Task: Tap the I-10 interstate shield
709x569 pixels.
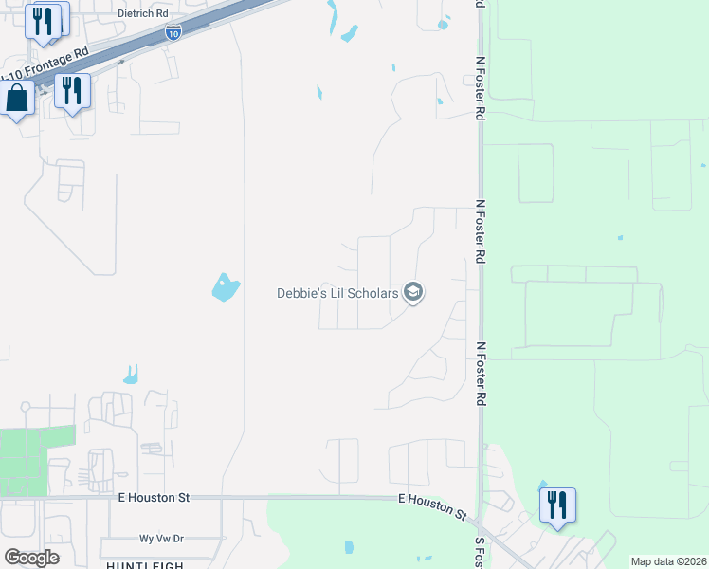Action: click(x=172, y=33)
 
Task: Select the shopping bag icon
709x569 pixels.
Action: click(x=17, y=99)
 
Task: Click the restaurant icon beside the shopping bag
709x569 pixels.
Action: click(x=72, y=92)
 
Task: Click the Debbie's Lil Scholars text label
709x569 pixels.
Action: click(x=337, y=293)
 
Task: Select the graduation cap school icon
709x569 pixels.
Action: click(x=412, y=292)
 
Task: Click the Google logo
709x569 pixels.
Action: click(x=31, y=557)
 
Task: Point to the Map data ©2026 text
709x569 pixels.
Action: click(x=668, y=561)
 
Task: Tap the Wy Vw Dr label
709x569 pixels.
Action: click(x=161, y=538)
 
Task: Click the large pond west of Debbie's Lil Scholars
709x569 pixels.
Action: click(x=224, y=286)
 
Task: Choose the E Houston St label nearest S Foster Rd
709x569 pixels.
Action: click(x=432, y=505)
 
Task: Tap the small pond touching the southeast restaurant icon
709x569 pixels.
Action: click(x=542, y=486)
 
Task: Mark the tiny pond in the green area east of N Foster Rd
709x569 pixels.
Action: click(x=620, y=237)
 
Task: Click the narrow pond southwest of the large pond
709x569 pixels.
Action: click(x=131, y=375)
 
